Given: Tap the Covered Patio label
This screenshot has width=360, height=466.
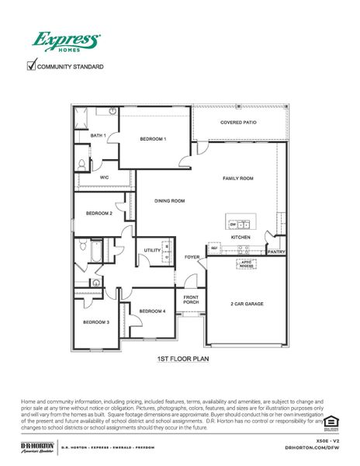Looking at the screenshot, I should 237,123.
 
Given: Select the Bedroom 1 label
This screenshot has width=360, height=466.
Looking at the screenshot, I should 153,139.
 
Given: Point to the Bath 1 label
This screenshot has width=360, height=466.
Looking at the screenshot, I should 98,135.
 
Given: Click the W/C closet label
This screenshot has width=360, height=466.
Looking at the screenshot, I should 103,177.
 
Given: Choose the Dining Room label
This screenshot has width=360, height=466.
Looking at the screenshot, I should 169,201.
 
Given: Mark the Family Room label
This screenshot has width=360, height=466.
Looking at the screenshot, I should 238,179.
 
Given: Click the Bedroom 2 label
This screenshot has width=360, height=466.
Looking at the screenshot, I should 99,213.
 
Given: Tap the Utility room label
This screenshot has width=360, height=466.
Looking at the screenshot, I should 152,250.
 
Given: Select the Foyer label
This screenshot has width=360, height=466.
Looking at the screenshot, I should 192,256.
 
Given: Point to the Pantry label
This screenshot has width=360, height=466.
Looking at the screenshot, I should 276,252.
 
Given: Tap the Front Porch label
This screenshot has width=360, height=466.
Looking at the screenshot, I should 192,300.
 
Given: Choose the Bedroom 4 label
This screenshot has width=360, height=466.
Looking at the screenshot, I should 152,311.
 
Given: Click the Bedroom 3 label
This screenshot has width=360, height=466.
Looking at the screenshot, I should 97,322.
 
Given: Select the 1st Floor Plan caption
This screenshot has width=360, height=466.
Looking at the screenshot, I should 180,360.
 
